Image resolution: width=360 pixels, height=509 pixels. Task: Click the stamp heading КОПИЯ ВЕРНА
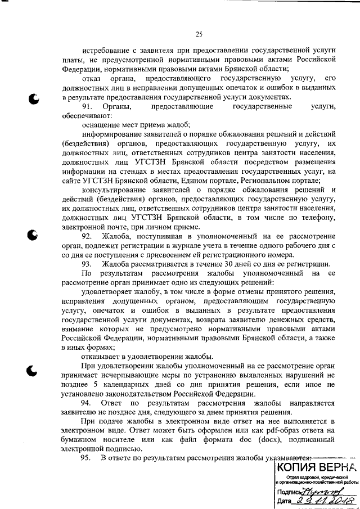316,466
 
